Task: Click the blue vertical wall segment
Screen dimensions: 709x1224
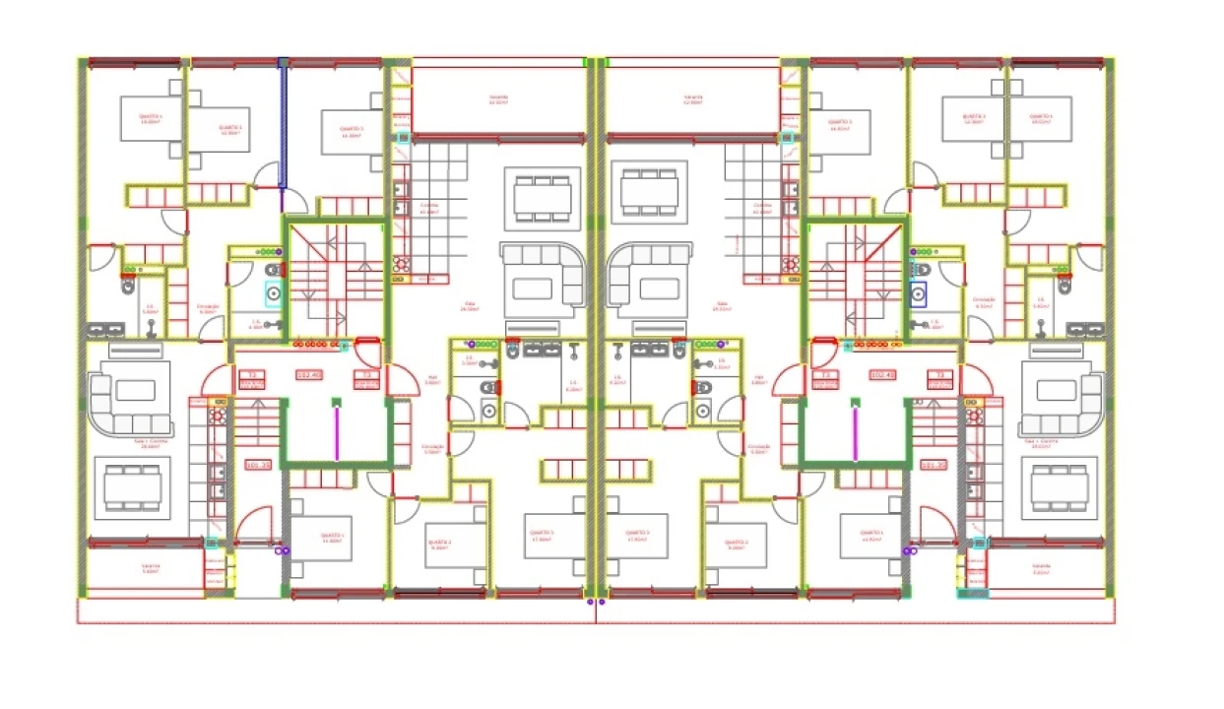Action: pos(283,123)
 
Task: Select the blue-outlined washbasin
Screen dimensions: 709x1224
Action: pos(918,292)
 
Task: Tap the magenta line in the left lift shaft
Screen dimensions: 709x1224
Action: pos(336,433)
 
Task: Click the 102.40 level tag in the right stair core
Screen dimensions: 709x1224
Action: pos(882,375)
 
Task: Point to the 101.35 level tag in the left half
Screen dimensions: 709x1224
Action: pos(258,464)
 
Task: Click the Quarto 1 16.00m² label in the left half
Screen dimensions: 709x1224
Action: pos(150,119)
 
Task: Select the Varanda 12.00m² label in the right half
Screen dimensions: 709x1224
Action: pos(693,100)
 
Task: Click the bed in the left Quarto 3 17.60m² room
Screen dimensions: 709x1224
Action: pos(541,537)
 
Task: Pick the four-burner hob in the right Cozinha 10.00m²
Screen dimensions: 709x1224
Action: pos(789,264)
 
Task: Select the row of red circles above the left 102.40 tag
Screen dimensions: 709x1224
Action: pos(313,345)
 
